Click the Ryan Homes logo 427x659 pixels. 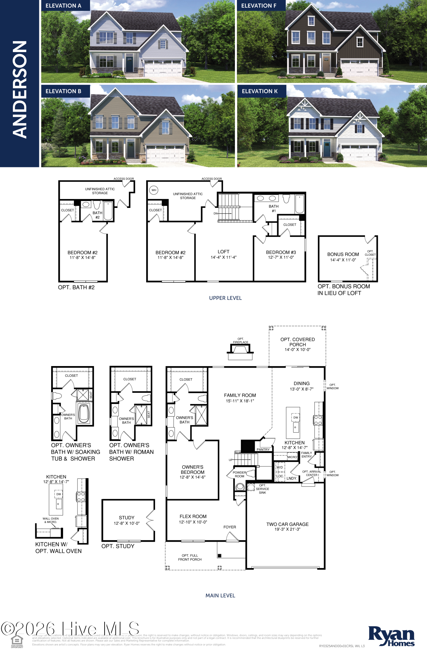(391, 636)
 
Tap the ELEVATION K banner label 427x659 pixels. (259, 91)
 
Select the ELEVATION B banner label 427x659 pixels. (63, 91)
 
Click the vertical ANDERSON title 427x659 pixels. (19, 89)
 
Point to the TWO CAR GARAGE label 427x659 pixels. (287, 524)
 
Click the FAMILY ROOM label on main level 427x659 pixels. (240, 395)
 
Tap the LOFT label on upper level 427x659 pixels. (223, 252)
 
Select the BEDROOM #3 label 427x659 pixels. (281, 252)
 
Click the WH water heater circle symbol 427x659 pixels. (154, 190)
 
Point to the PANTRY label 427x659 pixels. (263, 449)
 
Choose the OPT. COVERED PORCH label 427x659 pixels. (297, 342)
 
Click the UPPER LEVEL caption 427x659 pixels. (225, 298)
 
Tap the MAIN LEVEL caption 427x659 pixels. (220, 596)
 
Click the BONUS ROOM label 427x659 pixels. (343, 254)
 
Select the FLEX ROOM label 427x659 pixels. (193, 517)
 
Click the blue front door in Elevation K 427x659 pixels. (327, 148)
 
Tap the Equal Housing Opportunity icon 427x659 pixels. (17, 641)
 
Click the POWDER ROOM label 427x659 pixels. (239, 474)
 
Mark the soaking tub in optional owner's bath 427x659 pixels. (84, 414)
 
